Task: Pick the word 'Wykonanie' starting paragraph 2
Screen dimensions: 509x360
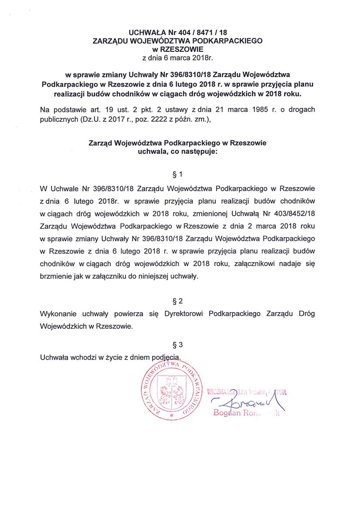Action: click(x=57, y=313)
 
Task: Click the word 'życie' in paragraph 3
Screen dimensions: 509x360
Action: click(x=118, y=357)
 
